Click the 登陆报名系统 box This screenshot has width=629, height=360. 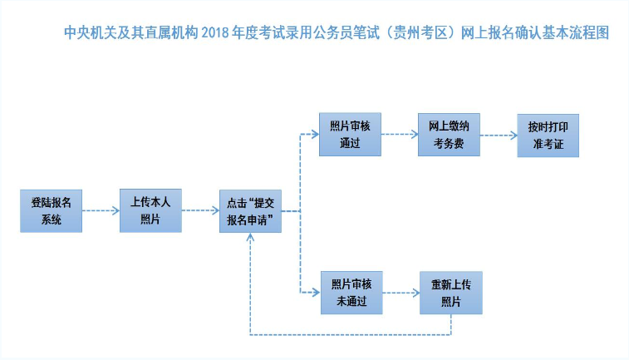point(52,211)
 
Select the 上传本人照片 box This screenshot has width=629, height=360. point(151,210)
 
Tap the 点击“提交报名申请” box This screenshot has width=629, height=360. point(250,211)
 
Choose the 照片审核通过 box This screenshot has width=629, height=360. point(350,135)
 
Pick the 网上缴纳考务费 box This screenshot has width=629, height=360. point(449,135)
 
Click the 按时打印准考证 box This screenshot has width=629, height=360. point(548,136)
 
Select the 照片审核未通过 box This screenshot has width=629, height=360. point(351,293)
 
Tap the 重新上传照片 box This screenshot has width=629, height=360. point(451,293)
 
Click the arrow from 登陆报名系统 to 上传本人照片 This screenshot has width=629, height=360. point(101,210)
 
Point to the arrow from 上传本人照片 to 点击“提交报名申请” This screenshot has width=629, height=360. point(200,210)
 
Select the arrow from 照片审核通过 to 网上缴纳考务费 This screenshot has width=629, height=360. point(400,134)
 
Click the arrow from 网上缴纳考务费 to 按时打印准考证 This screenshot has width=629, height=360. point(499,136)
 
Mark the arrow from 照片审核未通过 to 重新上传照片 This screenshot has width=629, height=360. point(401,293)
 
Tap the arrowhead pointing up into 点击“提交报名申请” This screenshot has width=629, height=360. point(250,237)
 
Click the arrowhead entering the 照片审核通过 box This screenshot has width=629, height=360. point(315,134)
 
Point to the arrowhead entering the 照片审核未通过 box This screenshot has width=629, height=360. point(317,292)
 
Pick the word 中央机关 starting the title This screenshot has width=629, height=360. point(91,33)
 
